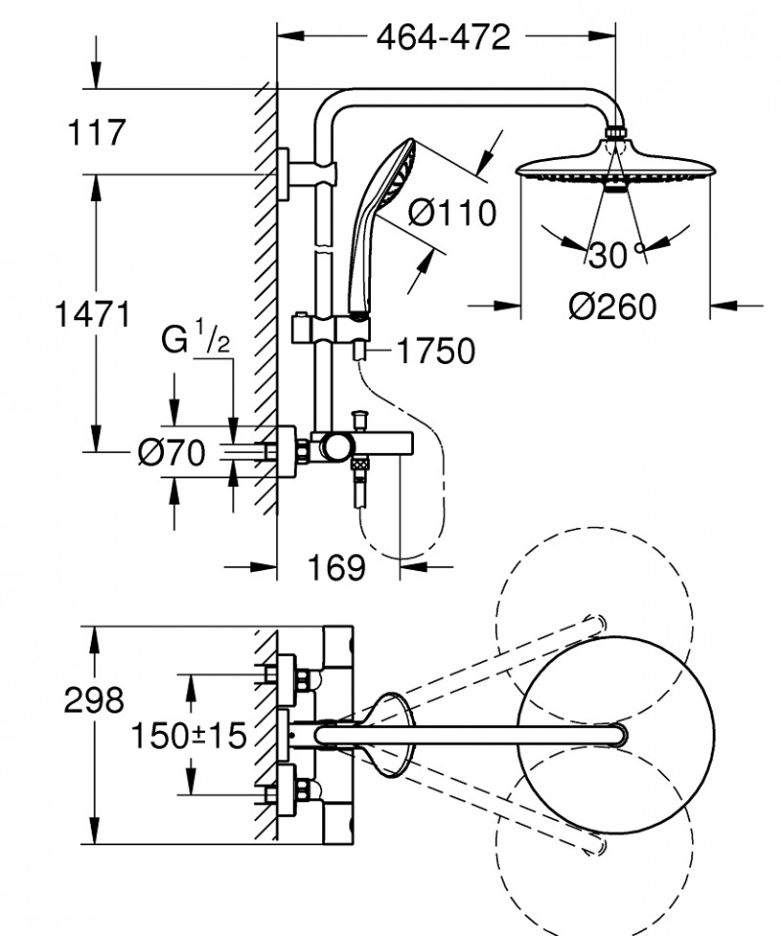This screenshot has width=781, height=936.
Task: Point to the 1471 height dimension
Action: [94, 314]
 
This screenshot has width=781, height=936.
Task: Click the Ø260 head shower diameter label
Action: [613, 305]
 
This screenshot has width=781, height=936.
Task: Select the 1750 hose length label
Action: [435, 350]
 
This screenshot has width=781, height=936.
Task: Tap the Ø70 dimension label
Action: [172, 453]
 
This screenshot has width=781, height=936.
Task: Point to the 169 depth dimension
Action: [336, 567]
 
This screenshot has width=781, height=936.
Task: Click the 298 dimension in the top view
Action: [95, 700]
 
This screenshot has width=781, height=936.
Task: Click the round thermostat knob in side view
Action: [336, 447]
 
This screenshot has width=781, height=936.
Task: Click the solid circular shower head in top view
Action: [613, 734]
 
